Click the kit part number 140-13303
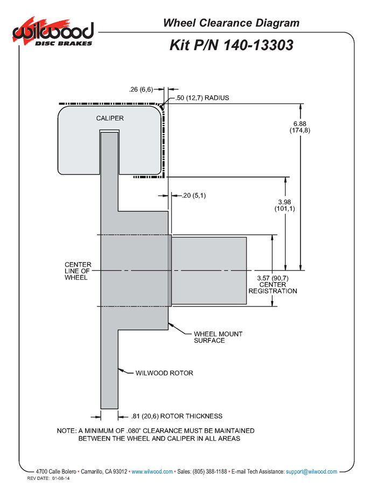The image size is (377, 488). [231, 46]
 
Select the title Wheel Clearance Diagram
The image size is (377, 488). [231, 23]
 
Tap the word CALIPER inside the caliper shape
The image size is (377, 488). [110, 118]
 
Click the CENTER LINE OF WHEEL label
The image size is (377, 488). [78, 271]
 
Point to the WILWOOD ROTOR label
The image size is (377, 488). [164, 373]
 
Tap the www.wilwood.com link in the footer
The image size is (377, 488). [152, 471]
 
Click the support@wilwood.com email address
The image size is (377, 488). [311, 471]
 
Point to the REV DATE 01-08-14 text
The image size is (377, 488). [48, 478]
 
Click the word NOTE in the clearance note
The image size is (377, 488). [67, 431]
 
